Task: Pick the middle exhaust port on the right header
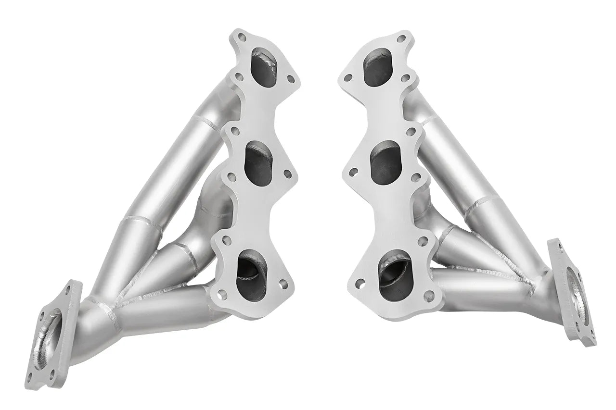[x=385, y=162]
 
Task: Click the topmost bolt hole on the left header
[x=242, y=37]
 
